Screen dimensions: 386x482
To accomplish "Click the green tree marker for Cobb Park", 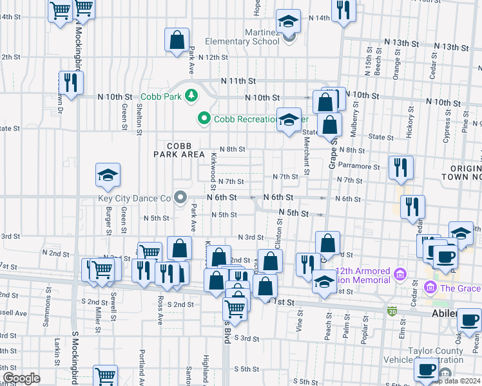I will point(191,96).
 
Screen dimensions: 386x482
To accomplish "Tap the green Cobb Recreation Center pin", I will point(204,118).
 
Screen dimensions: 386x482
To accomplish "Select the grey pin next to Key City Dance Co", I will point(180,198).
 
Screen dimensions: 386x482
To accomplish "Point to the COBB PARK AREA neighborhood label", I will point(179,150).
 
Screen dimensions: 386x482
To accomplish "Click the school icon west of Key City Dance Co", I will point(108,175).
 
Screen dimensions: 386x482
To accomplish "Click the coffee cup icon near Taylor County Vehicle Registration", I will point(426,369).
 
